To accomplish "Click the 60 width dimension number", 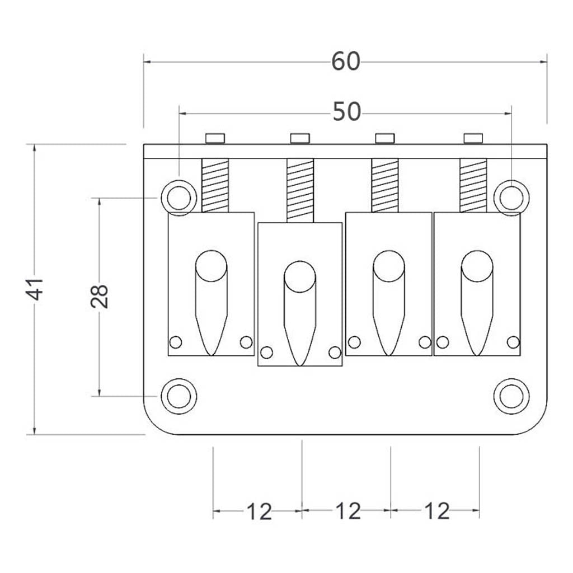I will [345, 62].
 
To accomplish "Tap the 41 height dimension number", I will [36, 289].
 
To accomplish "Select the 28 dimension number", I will [100, 297].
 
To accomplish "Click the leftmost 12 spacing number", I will [259, 511].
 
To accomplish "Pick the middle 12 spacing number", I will [347, 511].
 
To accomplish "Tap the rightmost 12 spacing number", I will [436, 511].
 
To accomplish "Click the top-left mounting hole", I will [179, 198].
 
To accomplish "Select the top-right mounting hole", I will [511, 198].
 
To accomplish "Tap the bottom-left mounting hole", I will [179, 396].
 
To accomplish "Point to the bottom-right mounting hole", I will [511, 396].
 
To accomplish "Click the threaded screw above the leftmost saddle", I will [215, 186].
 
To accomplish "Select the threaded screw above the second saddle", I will [300, 190].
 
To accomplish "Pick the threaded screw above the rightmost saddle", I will [473, 186].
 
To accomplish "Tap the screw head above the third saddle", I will [385, 138].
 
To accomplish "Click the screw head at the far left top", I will [215, 138].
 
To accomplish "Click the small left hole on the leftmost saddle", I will [176, 342].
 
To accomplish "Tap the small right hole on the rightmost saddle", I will [513, 342].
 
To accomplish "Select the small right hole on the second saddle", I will [335, 353].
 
